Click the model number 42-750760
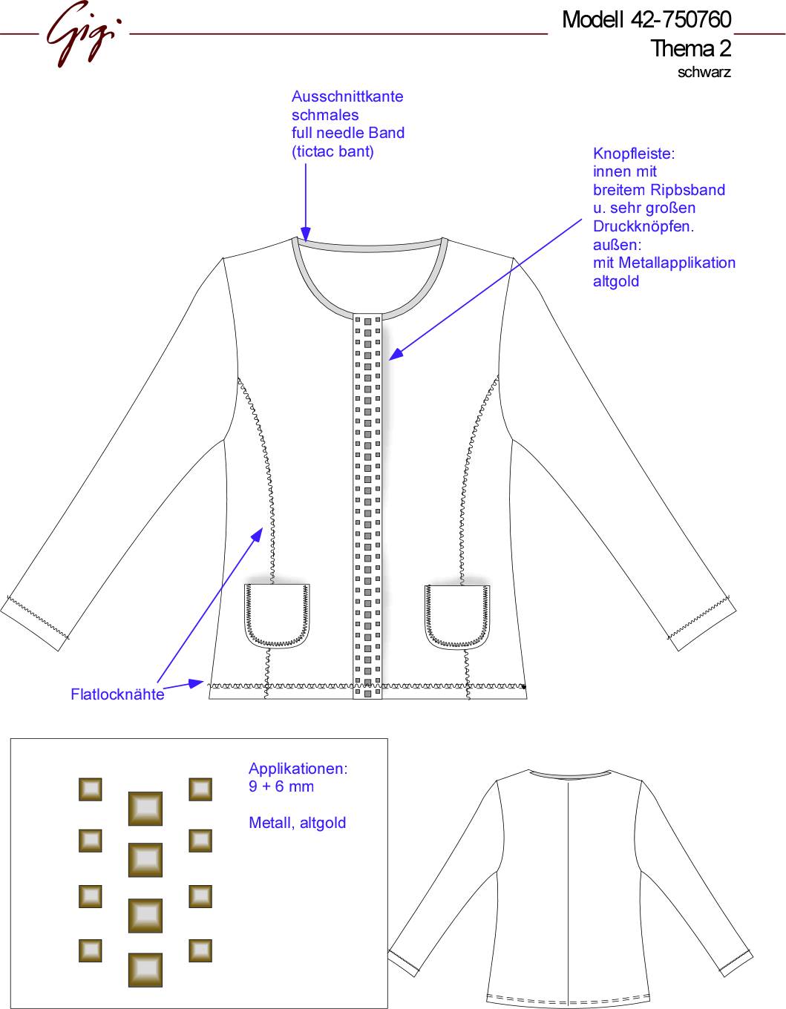681,19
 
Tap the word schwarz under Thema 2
704,73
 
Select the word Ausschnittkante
347,96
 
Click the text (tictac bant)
333,152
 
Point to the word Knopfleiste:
634,154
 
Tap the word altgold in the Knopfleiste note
616,281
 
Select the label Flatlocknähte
117,694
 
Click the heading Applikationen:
298,769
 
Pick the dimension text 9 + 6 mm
281,786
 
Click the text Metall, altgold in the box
298,823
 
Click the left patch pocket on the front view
277,616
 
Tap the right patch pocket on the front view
457,617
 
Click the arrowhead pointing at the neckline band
305,234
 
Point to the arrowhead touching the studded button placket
395,354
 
